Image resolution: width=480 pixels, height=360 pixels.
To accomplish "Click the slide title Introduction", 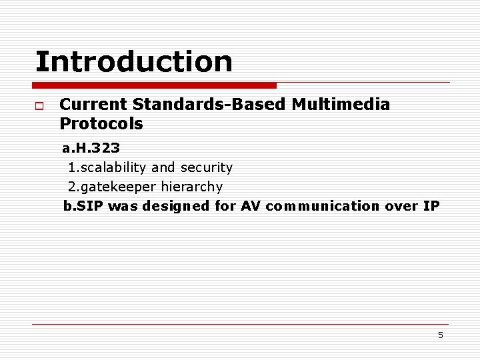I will pos(134,61).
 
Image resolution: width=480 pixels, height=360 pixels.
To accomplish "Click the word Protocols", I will pos(101,124).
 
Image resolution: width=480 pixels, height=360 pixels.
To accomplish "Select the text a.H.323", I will pos(91,147).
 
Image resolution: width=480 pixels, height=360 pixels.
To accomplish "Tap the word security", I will pos(207,167).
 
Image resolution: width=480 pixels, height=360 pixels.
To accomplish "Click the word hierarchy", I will pos(192,187).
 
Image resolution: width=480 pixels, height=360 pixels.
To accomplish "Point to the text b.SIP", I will pos(83,206).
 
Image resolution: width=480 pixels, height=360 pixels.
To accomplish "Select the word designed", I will pos(177,206).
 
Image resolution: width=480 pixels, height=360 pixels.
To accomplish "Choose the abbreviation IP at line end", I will pos(431,206).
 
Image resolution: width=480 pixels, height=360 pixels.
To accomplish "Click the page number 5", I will pos(440,335).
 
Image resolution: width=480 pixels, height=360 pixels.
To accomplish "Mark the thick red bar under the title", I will pos(154,85).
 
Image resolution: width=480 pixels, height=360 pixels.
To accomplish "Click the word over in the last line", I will pos(401,206).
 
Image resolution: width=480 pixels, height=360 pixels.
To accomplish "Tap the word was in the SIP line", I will pos(122,206).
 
